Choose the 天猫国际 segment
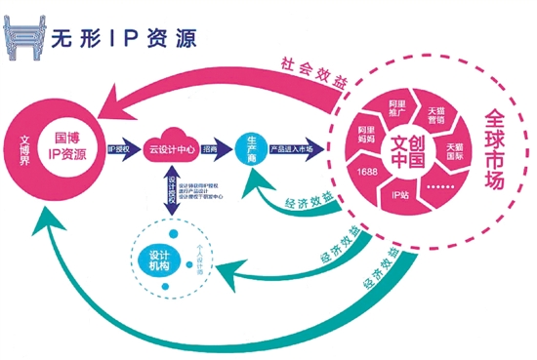[455, 153]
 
